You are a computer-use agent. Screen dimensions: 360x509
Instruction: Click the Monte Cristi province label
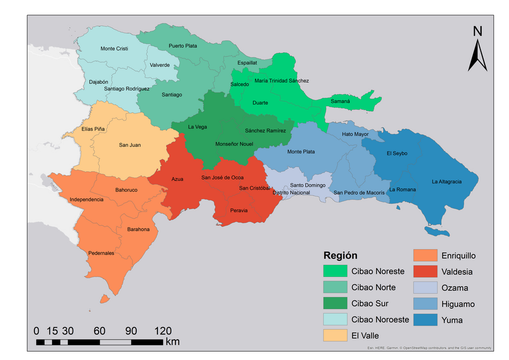[x=115, y=49]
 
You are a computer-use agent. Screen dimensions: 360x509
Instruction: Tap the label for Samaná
[x=340, y=101]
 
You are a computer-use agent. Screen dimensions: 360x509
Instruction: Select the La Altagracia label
[x=446, y=181]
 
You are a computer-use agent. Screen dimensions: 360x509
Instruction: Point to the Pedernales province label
[x=101, y=253]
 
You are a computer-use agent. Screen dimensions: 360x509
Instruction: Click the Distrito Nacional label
[x=291, y=192]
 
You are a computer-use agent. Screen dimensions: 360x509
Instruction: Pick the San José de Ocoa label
[x=222, y=178]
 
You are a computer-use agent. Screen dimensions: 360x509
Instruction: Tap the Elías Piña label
[x=93, y=129]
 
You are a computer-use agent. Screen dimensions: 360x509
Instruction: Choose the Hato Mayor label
[x=355, y=134]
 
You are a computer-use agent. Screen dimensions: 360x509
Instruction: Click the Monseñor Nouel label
[x=234, y=144]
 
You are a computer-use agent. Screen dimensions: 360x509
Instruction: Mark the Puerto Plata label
[x=183, y=46]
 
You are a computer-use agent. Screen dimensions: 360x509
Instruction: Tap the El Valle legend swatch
[x=335, y=336]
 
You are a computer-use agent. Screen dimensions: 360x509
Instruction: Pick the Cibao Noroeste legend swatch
[x=335, y=320]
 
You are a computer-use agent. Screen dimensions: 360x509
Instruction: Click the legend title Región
[x=340, y=255]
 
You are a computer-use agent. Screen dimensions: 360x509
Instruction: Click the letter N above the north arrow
[x=478, y=31]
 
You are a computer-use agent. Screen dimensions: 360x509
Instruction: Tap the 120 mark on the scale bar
[x=163, y=330]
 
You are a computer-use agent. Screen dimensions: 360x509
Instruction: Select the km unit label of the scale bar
[x=172, y=341]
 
